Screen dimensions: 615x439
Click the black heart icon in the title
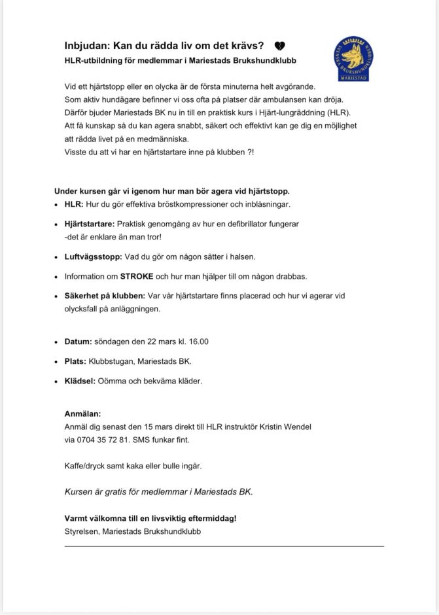click(x=279, y=46)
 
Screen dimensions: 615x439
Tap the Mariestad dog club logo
click(x=354, y=59)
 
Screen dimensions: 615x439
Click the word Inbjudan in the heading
click(x=86, y=46)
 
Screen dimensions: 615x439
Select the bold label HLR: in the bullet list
click(x=73, y=205)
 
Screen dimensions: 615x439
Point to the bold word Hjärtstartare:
click(x=90, y=224)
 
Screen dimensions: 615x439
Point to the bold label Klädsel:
click(x=80, y=380)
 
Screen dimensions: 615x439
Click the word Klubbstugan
click(x=118, y=361)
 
